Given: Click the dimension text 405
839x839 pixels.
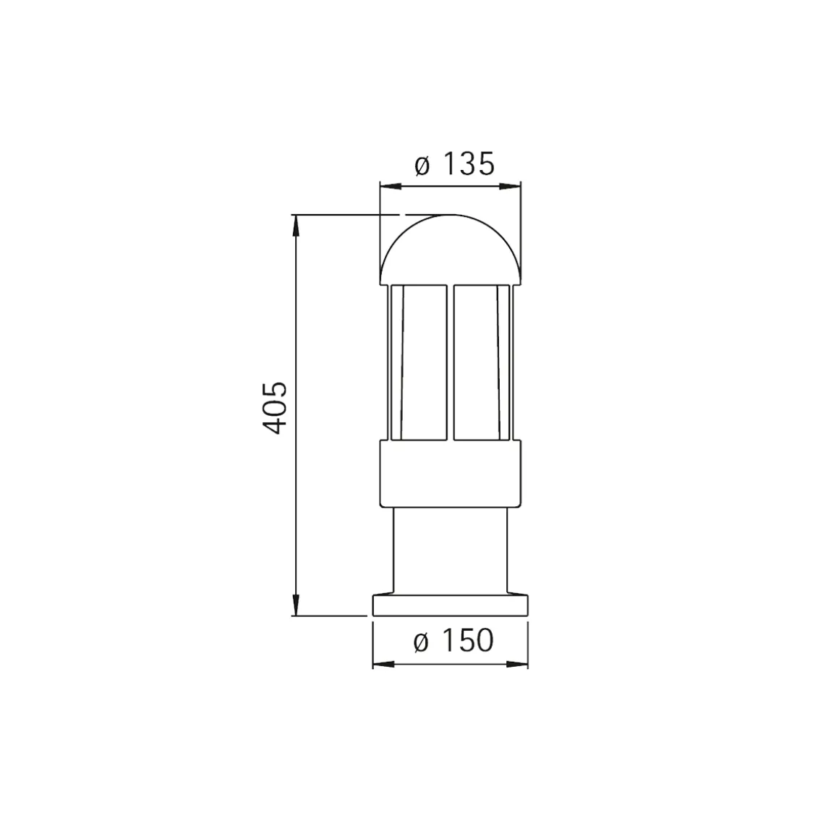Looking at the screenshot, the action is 276,408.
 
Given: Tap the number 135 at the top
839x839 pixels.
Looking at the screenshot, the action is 469,164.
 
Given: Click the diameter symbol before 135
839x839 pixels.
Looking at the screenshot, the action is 422,166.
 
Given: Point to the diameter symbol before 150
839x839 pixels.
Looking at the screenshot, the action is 421,642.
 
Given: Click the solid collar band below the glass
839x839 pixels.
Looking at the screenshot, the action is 450,474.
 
